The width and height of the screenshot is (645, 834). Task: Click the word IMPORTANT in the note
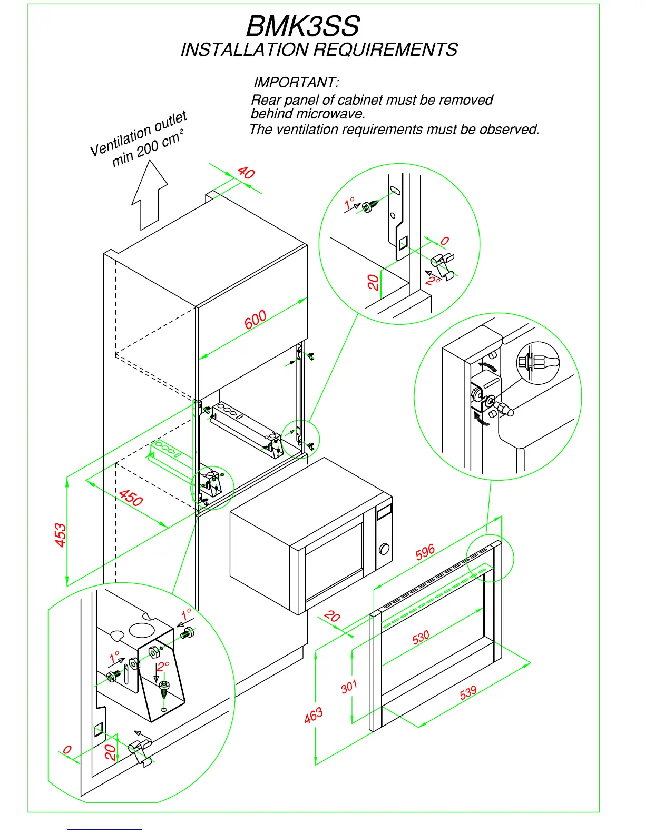pos(295,83)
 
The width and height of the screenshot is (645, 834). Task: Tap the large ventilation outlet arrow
pos(150,195)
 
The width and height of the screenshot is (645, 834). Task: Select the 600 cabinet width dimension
pos(255,320)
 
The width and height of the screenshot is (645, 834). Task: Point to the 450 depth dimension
pos(131,498)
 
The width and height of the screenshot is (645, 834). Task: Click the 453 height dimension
pos(61,535)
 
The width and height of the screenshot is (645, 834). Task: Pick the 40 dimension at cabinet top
pos(246,172)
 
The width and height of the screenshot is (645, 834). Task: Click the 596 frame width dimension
pos(425,552)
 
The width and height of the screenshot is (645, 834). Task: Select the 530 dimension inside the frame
pos(421,638)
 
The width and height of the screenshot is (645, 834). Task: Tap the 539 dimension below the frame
pos(468,692)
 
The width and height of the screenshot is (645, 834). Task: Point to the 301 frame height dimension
pos(349,687)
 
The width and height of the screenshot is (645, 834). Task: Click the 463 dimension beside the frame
pos(313,715)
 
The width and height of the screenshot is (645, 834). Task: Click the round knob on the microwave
pos(384,549)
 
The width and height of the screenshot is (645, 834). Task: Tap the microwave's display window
pos(384,510)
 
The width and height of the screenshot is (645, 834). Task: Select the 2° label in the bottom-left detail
pos(163,667)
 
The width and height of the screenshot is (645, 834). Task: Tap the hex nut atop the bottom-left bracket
pos(154,653)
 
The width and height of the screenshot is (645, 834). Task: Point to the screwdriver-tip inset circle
pos(537,362)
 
